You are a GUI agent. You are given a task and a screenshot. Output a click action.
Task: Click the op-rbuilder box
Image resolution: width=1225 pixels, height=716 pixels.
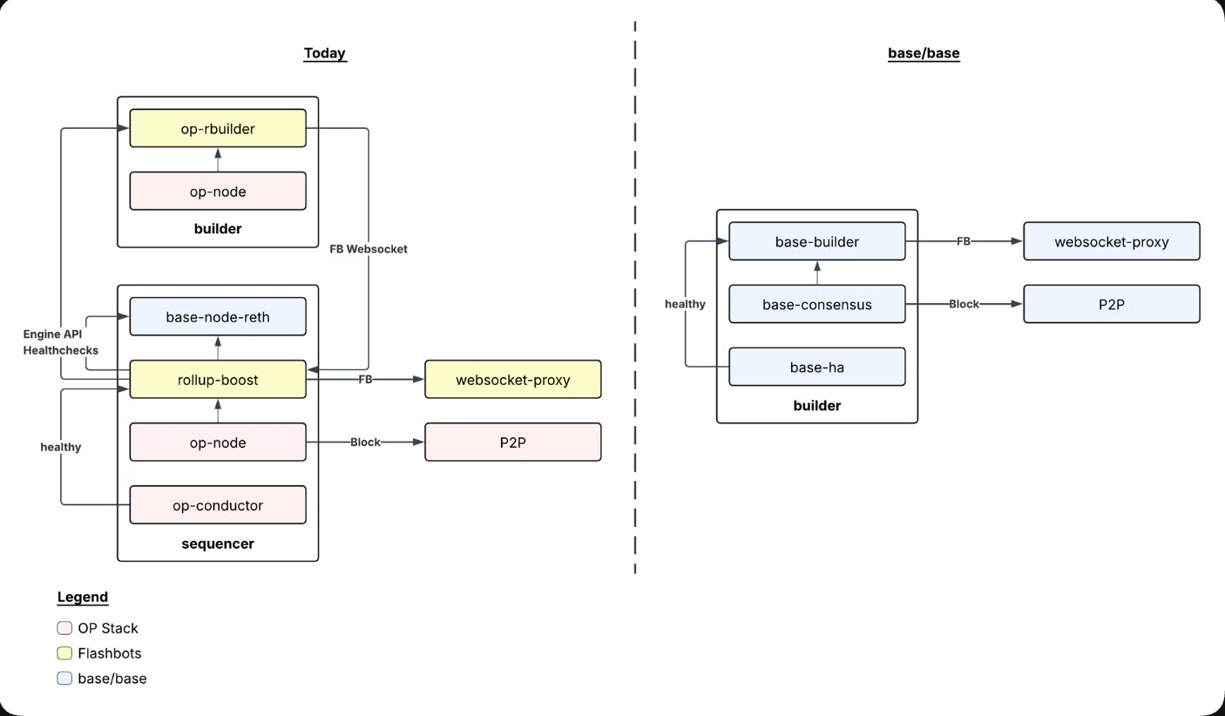tap(218, 128)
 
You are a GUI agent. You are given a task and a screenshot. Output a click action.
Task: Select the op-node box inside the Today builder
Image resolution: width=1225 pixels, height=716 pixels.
tap(218, 191)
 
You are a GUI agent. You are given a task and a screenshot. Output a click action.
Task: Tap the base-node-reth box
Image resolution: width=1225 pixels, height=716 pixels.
tap(218, 316)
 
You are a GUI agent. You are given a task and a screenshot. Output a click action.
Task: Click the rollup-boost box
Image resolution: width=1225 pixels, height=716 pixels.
tap(218, 379)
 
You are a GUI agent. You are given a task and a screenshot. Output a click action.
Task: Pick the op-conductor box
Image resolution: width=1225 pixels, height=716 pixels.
tap(218, 504)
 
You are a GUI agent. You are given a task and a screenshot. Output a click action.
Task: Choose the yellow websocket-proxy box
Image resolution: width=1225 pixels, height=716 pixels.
tap(512, 379)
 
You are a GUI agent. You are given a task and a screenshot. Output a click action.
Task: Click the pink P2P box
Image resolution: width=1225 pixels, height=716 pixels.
tap(512, 442)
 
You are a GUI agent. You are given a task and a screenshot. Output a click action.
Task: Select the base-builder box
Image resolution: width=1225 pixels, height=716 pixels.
tap(816, 241)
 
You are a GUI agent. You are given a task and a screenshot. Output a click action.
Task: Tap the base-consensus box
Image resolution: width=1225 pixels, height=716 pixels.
tap(816, 304)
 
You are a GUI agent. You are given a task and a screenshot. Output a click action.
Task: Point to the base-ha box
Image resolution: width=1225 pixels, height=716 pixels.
tap(816, 367)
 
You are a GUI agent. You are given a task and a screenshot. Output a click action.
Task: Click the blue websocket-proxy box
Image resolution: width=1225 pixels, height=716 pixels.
tap(1111, 241)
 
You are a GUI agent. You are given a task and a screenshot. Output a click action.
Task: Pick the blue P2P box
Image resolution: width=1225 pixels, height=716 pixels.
tap(1111, 304)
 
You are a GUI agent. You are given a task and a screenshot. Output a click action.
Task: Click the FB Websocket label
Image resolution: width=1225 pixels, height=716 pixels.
tap(368, 248)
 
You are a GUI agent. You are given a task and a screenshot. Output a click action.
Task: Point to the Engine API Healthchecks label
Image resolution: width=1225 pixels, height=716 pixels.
tap(61, 342)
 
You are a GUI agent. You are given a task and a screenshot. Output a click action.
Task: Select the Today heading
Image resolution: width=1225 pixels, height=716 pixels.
tap(324, 53)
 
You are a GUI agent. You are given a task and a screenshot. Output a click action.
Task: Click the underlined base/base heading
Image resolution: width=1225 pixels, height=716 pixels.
tap(924, 53)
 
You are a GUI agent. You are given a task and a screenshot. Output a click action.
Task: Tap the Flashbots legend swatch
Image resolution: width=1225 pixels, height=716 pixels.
tap(64, 653)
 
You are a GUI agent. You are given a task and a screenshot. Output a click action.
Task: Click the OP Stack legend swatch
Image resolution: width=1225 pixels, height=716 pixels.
tap(64, 628)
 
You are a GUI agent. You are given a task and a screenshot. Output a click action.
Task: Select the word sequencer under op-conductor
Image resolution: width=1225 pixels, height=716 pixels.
tap(218, 544)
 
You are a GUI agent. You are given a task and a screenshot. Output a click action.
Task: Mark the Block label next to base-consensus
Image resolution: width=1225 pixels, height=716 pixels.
tap(964, 304)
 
